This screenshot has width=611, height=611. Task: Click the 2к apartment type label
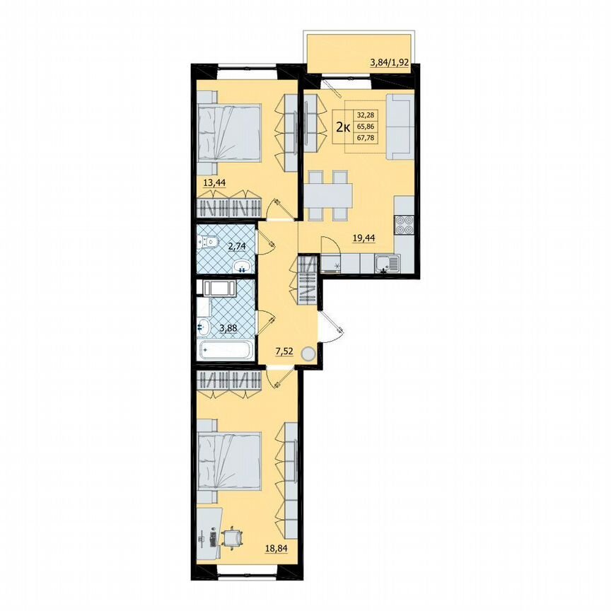coord(343,127)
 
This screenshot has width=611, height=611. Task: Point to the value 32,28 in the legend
coord(367,114)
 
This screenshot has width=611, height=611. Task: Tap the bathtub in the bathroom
coord(226,349)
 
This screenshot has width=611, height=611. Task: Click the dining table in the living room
coord(330,192)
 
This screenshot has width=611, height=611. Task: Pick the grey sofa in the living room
coord(401,125)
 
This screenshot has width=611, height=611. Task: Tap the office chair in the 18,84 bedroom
coord(231,538)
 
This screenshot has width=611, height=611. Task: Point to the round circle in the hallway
coord(308,354)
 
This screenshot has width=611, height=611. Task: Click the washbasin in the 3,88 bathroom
coord(204,327)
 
